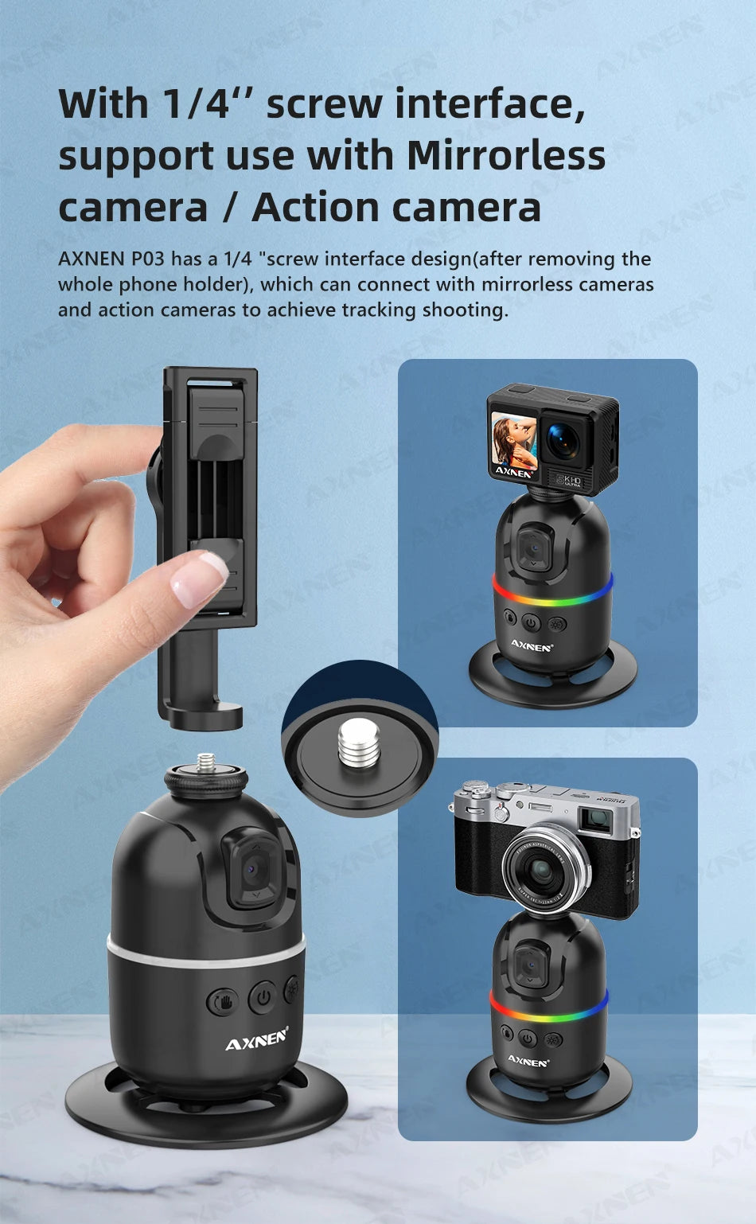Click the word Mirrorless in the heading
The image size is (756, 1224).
click(505, 156)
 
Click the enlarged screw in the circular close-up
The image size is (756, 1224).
click(359, 743)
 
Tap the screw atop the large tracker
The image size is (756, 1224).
click(206, 764)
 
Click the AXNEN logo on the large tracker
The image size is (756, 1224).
click(256, 1041)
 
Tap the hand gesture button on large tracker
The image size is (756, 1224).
click(223, 1000)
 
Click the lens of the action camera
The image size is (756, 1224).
click(563, 441)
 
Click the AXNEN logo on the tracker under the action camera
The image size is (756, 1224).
click(531, 646)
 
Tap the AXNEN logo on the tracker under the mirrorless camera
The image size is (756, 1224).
click(528, 1061)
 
